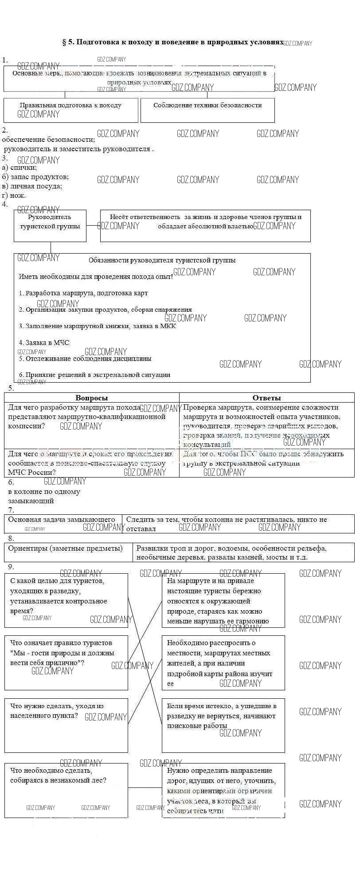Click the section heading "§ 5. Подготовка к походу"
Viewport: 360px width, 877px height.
(173, 42)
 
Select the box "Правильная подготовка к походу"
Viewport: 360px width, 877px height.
(70, 110)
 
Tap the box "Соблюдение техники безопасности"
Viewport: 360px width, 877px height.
(207, 110)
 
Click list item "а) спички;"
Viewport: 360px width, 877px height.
(20, 167)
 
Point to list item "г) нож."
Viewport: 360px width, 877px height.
(14, 195)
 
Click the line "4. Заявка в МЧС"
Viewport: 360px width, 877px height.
(44, 342)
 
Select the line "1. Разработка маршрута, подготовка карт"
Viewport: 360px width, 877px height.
(83, 293)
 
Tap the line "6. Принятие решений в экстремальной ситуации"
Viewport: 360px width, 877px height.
(94, 374)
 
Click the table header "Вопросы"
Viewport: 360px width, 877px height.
(92, 398)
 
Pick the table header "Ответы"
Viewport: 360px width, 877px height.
(266, 398)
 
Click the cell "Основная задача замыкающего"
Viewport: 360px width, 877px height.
(62, 520)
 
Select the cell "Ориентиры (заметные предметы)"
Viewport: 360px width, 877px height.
(66, 548)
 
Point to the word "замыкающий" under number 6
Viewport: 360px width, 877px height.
(31, 501)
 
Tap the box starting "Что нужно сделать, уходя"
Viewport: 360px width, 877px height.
(66, 725)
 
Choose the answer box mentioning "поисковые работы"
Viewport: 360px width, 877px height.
(223, 725)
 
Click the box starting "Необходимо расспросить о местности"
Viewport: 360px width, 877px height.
(223, 663)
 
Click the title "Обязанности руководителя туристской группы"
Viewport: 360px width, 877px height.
(162, 260)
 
